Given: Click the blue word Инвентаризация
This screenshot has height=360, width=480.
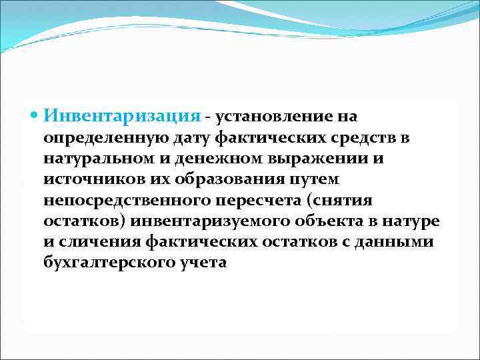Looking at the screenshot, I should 122,116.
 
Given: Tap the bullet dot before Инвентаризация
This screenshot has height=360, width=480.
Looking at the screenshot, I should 36,116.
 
